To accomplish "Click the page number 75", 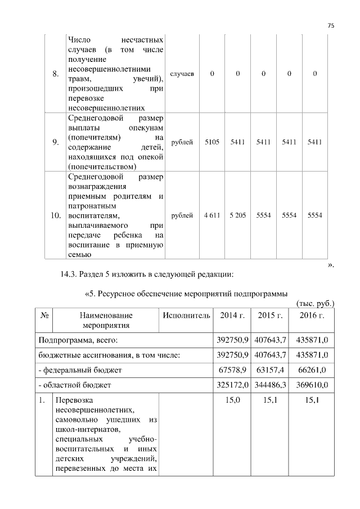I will pyautogui.click(x=331, y=24).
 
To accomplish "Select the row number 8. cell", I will pyautogui.click(x=55, y=74).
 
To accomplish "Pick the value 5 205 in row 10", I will pyautogui.click(x=237, y=215).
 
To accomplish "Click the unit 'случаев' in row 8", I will pyautogui.click(x=182, y=74).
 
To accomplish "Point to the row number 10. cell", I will pyautogui.click(x=55, y=215).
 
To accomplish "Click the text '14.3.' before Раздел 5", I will pyautogui.click(x=69, y=274).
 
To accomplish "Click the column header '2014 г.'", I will pyautogui.click(x=232, y=316).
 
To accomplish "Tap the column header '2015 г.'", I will pyautogui.click(x=269, y=316).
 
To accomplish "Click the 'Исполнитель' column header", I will pyautogui.click(x=187, y=316).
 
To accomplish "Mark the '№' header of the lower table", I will pyautogui.click(x=43, y=316).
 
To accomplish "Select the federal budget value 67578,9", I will pyautogui.click(x=232, y=370).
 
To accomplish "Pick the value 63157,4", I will pyautogui.click(x=269, y=370).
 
